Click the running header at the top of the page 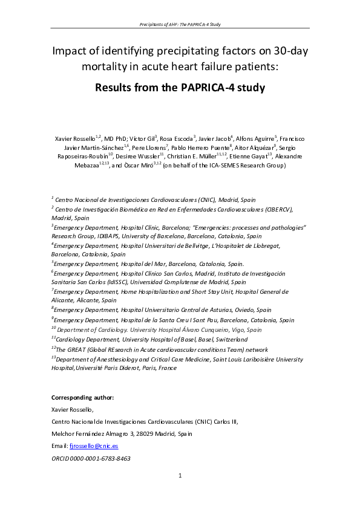(180, 24)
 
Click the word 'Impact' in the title (71, 51)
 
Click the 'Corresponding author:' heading (82, 397)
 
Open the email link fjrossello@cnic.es (94, 446)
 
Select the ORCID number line (91, 459)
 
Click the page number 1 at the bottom (180, 476)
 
